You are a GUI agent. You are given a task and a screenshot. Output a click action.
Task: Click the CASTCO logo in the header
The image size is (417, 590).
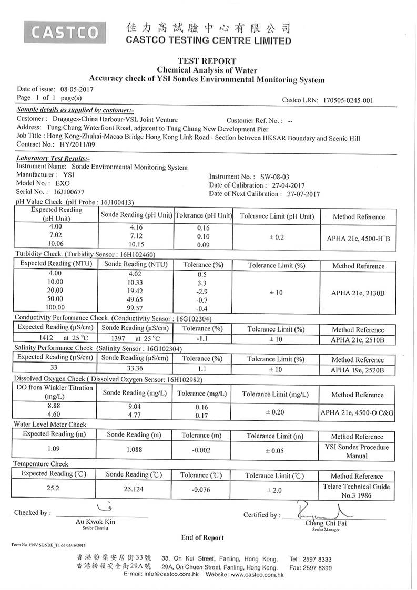(65, 33)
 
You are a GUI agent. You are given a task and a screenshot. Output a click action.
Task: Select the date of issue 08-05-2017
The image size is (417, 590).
(77, 89)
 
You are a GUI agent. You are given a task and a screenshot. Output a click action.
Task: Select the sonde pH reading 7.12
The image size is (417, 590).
(136, 236)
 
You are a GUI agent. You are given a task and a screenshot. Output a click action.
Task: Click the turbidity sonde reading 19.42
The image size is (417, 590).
(136, 290)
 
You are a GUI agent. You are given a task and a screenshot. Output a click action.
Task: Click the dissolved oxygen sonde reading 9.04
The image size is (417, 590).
(136, 406)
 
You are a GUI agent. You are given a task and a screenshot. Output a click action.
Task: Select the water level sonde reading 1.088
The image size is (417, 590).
(136, 450)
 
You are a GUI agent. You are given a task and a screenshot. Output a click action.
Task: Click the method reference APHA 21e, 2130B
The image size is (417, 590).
(358, 293)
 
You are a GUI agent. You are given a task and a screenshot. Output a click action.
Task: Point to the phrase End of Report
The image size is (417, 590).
(202, 537)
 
